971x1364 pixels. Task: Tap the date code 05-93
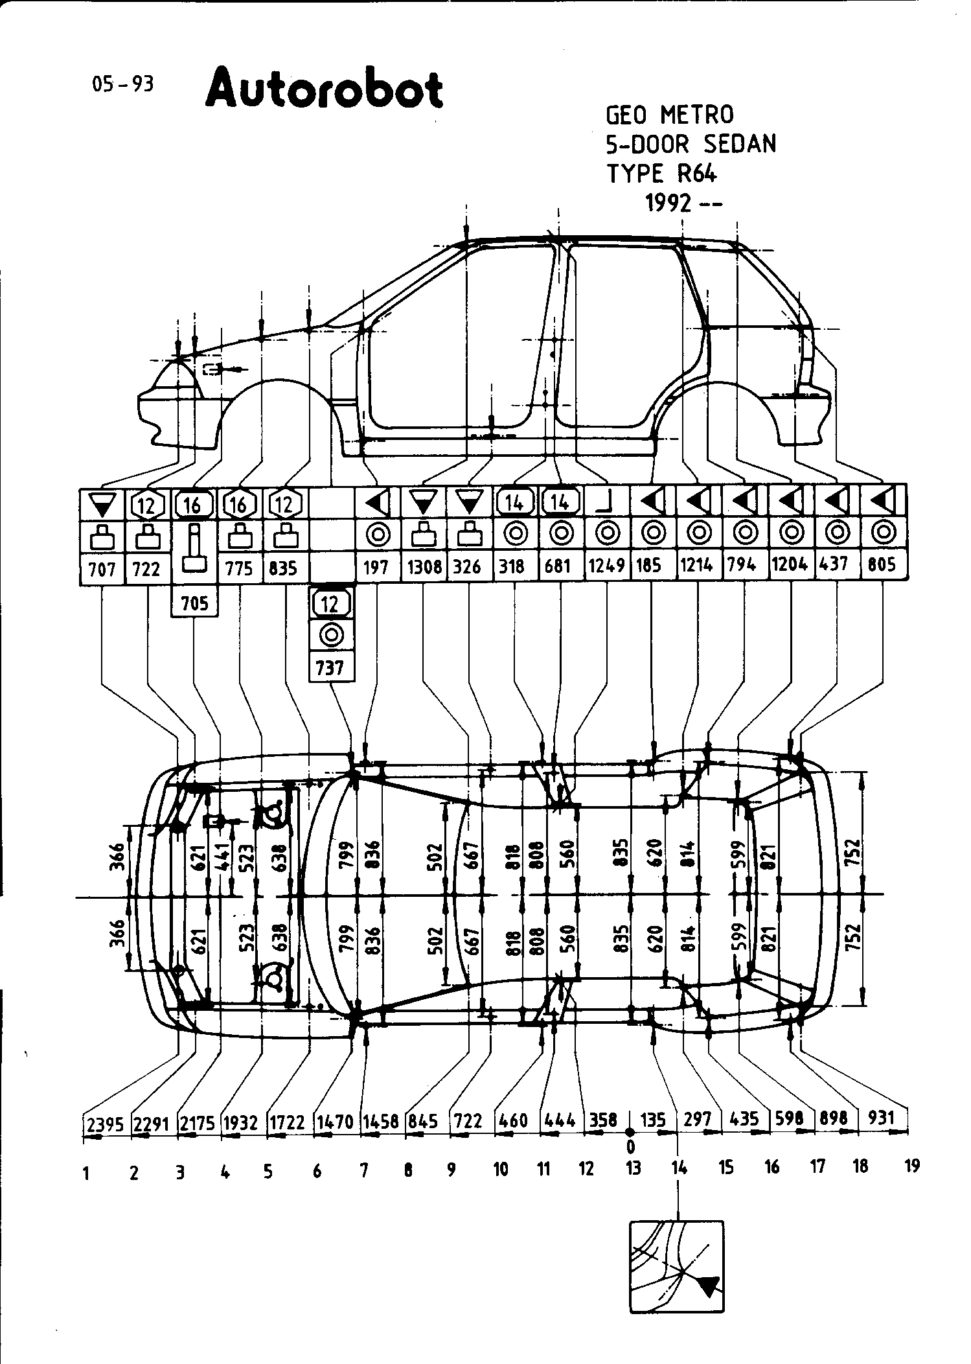pos(123,84)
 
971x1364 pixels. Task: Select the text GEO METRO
pos(670,115)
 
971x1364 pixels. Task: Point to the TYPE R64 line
pos(661,173)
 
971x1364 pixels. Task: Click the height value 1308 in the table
pos(424,567)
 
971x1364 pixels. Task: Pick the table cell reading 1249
pos(606,566)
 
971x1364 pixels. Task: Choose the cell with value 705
pos(194,603)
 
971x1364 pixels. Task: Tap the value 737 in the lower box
pos(330,667)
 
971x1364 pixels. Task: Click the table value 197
pos(376,567)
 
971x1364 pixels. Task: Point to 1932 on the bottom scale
pos(240,1122)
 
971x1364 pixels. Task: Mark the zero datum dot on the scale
pos(630,1132)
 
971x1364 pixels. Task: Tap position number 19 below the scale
pos(911,1166)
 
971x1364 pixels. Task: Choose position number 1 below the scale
pos(86,1173)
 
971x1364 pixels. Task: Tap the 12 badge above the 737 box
pos(330,604)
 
